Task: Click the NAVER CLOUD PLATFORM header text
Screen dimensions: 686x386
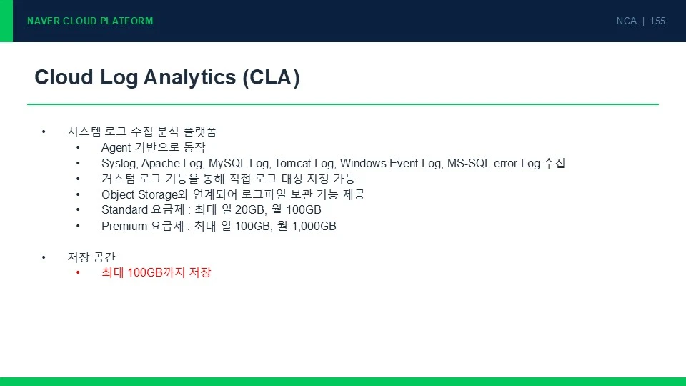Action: (x=90, y=21)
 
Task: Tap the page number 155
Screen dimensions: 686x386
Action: (x=657, y=21)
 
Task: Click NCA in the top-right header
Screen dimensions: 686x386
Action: (x=626, y=21)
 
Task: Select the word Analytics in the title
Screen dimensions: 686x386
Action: (x=190, y=78)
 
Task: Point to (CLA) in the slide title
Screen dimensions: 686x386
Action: (x=272, y=78)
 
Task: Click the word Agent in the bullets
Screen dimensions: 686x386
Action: (x=116, y=148)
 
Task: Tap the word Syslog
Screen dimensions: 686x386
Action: (x=120, y=164)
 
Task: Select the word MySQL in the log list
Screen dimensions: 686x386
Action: (x=227, y=163)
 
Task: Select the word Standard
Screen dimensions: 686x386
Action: (x=124, y=210)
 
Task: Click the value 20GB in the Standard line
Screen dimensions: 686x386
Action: (x=250, y=210)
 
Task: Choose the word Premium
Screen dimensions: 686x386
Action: (x=124, y=227)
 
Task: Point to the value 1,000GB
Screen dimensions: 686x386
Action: (x=314, y=227)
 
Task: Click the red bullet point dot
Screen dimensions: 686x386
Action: (x=78, y=272)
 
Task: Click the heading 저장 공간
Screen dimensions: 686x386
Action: (x=91, y=257)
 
